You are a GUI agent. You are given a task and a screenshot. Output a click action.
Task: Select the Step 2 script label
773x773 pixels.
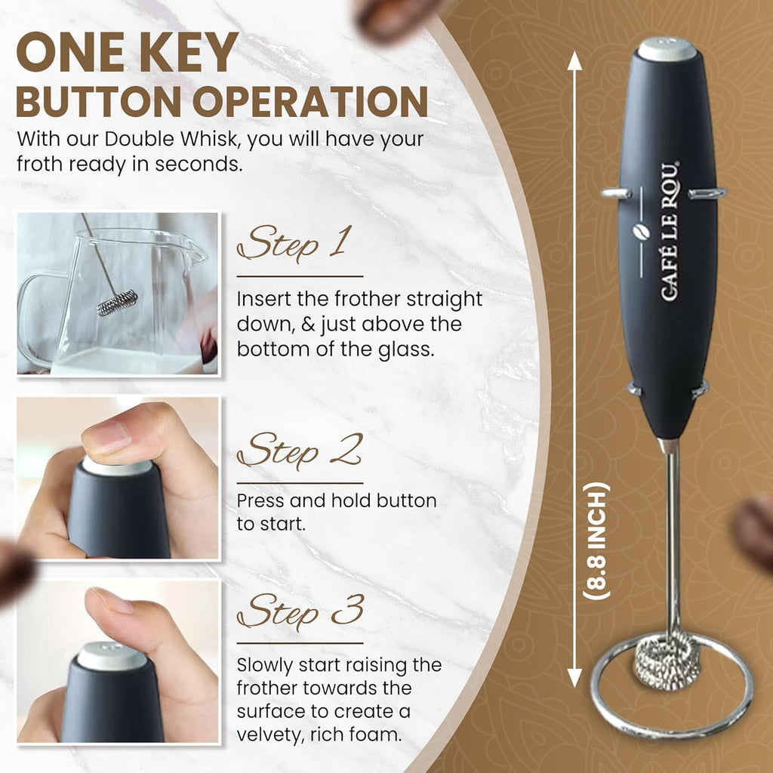point(299,451)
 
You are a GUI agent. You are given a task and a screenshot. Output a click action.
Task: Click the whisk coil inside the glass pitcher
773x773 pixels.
point(117,303)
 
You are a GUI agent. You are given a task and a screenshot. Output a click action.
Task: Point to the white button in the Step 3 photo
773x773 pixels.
point(112,655)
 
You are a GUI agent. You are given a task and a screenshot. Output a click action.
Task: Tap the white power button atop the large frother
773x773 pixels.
point(667,49)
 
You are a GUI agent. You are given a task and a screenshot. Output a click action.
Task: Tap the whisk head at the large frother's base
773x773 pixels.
point(667,658)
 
